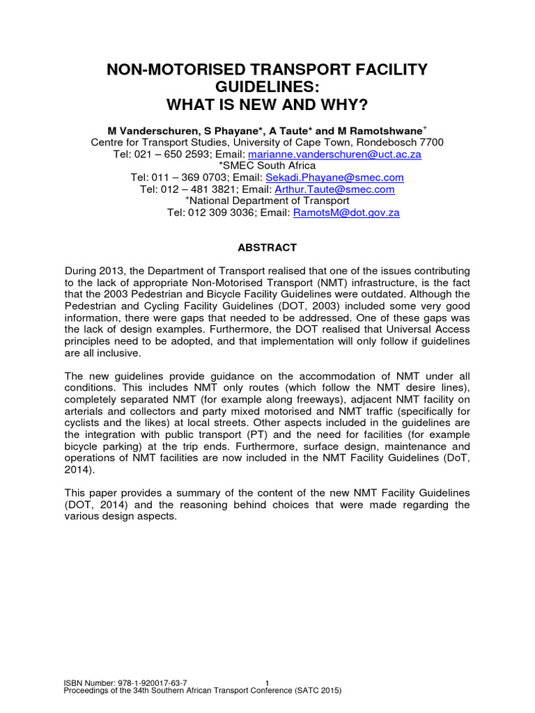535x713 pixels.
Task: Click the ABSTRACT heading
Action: pyautogui.click(x=267, y=247)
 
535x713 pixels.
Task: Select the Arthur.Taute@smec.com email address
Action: pyautogui.click(x=334, y=189)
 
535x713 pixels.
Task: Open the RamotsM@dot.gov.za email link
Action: pyautogui.click(x=346, y=213)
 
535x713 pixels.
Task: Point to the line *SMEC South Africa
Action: pyautogui.click(x=267, y=166)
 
